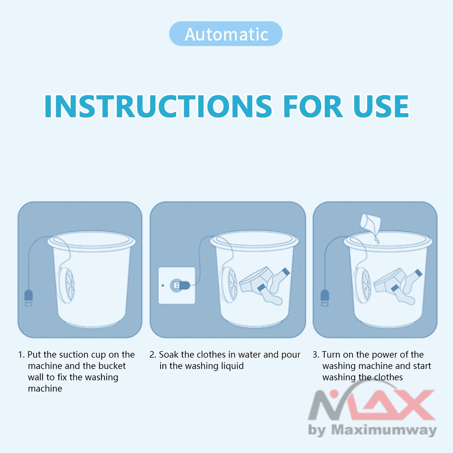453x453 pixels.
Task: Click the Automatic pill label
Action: point(226,34)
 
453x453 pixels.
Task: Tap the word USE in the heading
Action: point(381,106)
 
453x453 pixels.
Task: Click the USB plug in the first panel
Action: point(28,298)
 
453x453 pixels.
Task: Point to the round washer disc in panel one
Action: point(66,284)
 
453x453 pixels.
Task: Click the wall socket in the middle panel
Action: point(177,285)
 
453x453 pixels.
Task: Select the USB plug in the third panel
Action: point(325,298)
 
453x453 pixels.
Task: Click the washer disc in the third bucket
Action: point(362,284)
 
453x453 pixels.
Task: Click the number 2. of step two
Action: point(153,355)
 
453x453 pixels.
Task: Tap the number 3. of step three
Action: point(316,355)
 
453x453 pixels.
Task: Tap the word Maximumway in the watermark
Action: point(384,430)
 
